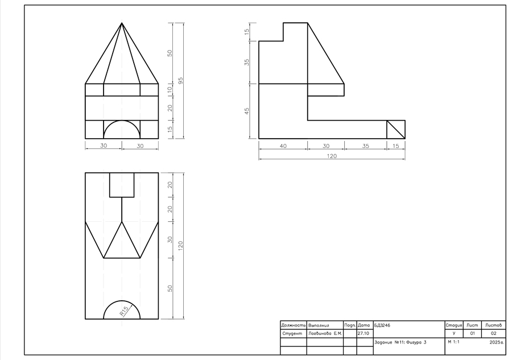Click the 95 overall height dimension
point(180,81)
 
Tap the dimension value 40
point(283,146)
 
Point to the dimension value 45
point(247,111)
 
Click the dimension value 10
point(170,90)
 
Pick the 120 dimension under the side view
point(332,156)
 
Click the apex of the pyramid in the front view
point(122,23)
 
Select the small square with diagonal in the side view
point(396,130)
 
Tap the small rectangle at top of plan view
point(122,185)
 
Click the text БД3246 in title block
point(382,325)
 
